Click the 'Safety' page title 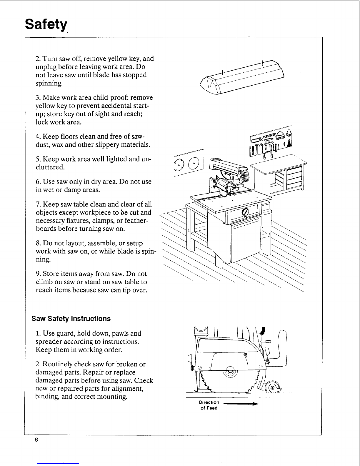coord(46,24)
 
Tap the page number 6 coord(36,440)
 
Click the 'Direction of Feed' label coord(209,405)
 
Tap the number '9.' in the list coord(38,274)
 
